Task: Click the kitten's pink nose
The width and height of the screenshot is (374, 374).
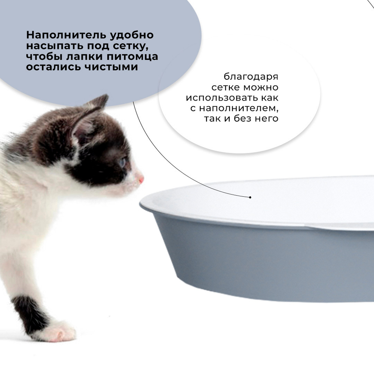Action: point(141,180)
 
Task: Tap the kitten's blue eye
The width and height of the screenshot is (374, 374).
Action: point(123,162)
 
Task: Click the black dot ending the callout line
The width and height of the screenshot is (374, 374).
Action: point(250,197)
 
